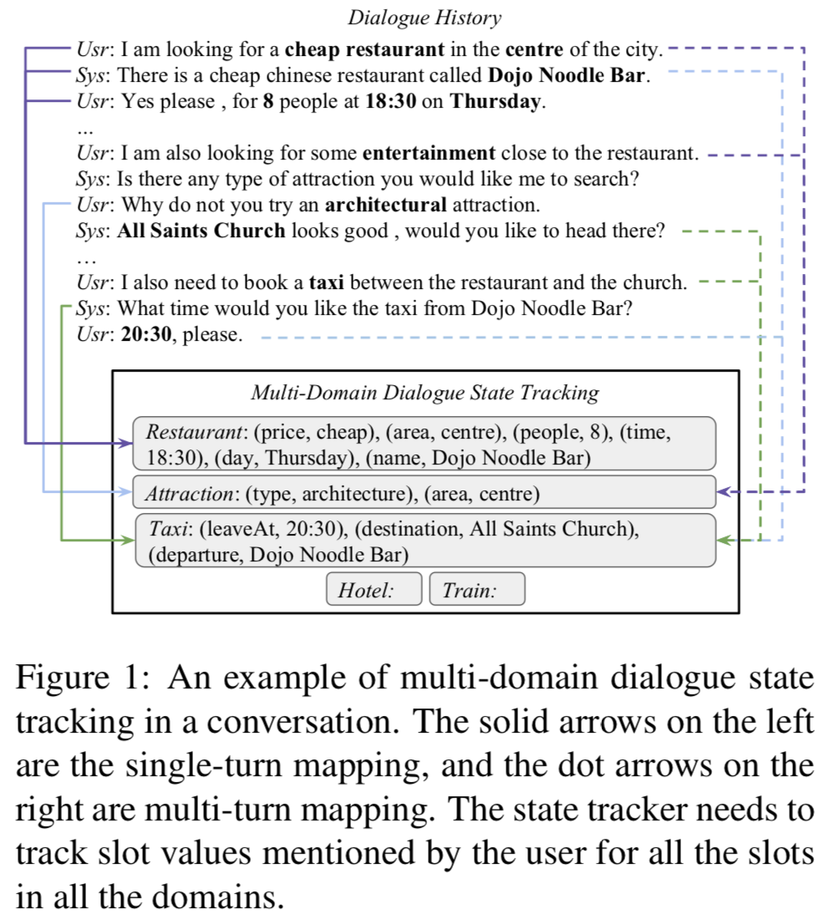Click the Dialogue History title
[425, 18]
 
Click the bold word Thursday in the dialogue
[496, 102]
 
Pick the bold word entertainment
[430, 154]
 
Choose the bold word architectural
[385, 205]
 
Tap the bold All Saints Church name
[201, 231]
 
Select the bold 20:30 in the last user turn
[147, 335]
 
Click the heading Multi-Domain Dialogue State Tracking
[425, 393]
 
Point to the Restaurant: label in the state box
[194, 432]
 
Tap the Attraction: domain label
[189, 494]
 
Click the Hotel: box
[374, 591]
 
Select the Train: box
[476, 591]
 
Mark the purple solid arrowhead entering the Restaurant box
[126, 443]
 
